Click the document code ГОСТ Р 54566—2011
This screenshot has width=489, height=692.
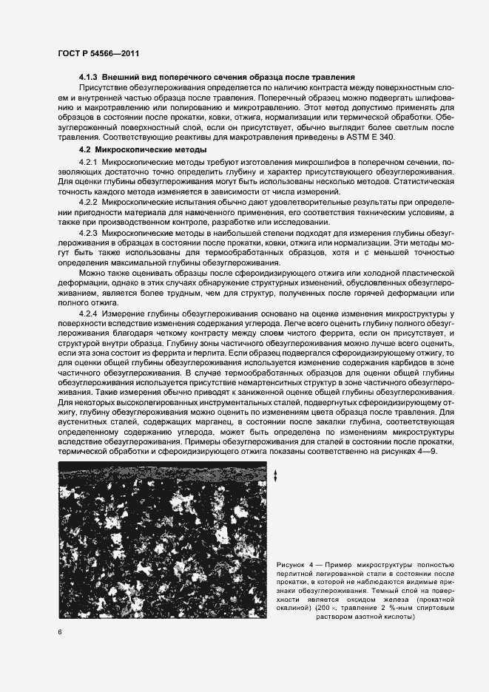(x=98, y=54)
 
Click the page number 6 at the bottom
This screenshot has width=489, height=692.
(x=59, y=631)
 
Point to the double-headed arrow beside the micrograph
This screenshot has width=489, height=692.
(x=275, y=476)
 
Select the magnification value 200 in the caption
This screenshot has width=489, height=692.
(x=320, y=608)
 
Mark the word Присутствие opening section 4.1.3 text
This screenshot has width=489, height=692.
(x=104, y=87)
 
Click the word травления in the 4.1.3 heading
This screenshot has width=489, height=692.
(x=333, y=77)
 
